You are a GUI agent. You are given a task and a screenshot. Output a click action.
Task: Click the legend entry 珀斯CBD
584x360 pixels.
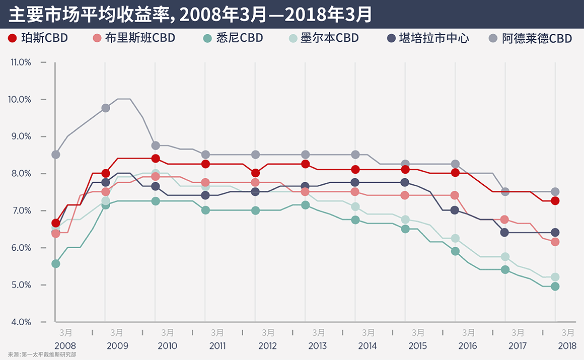[x=38, y=38]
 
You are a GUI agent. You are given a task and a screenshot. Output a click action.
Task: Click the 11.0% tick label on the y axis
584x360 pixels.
[x=21, y=62]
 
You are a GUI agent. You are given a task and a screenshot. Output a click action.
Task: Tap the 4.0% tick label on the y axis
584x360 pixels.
[x=21, y=322]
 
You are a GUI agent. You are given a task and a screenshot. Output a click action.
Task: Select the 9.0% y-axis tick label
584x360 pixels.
[x=21, y=136]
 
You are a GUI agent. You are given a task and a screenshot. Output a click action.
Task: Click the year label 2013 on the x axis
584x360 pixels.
[x=317, y=346]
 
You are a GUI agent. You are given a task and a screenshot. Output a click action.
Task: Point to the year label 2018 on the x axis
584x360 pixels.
[x=567, y=346]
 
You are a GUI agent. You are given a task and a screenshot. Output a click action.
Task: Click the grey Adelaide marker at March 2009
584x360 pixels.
[x=106, y=108]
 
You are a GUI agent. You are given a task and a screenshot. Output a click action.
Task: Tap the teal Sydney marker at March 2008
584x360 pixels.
[x=56, y=263]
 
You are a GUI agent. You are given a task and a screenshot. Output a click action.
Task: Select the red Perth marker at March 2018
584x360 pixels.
[x=555, y=201]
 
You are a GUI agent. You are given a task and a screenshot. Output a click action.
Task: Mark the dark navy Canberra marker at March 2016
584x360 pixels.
[x=455, y=210]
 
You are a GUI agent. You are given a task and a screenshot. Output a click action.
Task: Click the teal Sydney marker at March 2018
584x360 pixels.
[x=555, y=286]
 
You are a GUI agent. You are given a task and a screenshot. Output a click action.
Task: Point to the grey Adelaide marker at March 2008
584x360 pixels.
[x=56, y=155]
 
